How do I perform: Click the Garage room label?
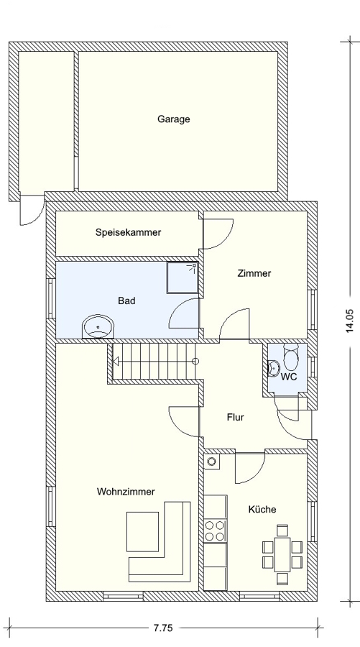coord(174,119)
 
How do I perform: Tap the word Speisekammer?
coord(128,232)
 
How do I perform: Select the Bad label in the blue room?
coord(126,300)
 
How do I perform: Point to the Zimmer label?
coord(254,273)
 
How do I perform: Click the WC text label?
coord(289,377)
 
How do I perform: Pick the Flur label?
coord(235,417)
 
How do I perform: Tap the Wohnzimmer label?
coord(126,492)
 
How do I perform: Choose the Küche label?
coord(262,509)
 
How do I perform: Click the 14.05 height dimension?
coord(350,321)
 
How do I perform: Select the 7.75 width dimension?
coord(163,628)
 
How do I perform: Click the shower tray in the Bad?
coord(183,277)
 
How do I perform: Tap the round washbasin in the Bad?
coord(98,327)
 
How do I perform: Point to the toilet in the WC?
coord(291,357)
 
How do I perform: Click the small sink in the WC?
coord(272,367)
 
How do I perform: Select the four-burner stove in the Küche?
coord(216,531)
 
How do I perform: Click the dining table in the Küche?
coord(283,554)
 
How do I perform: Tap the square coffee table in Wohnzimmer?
coord(143,531)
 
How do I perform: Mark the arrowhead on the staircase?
coord(116,362)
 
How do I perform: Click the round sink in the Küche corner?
coord(213,462)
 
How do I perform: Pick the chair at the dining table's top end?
coord(282,531)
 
